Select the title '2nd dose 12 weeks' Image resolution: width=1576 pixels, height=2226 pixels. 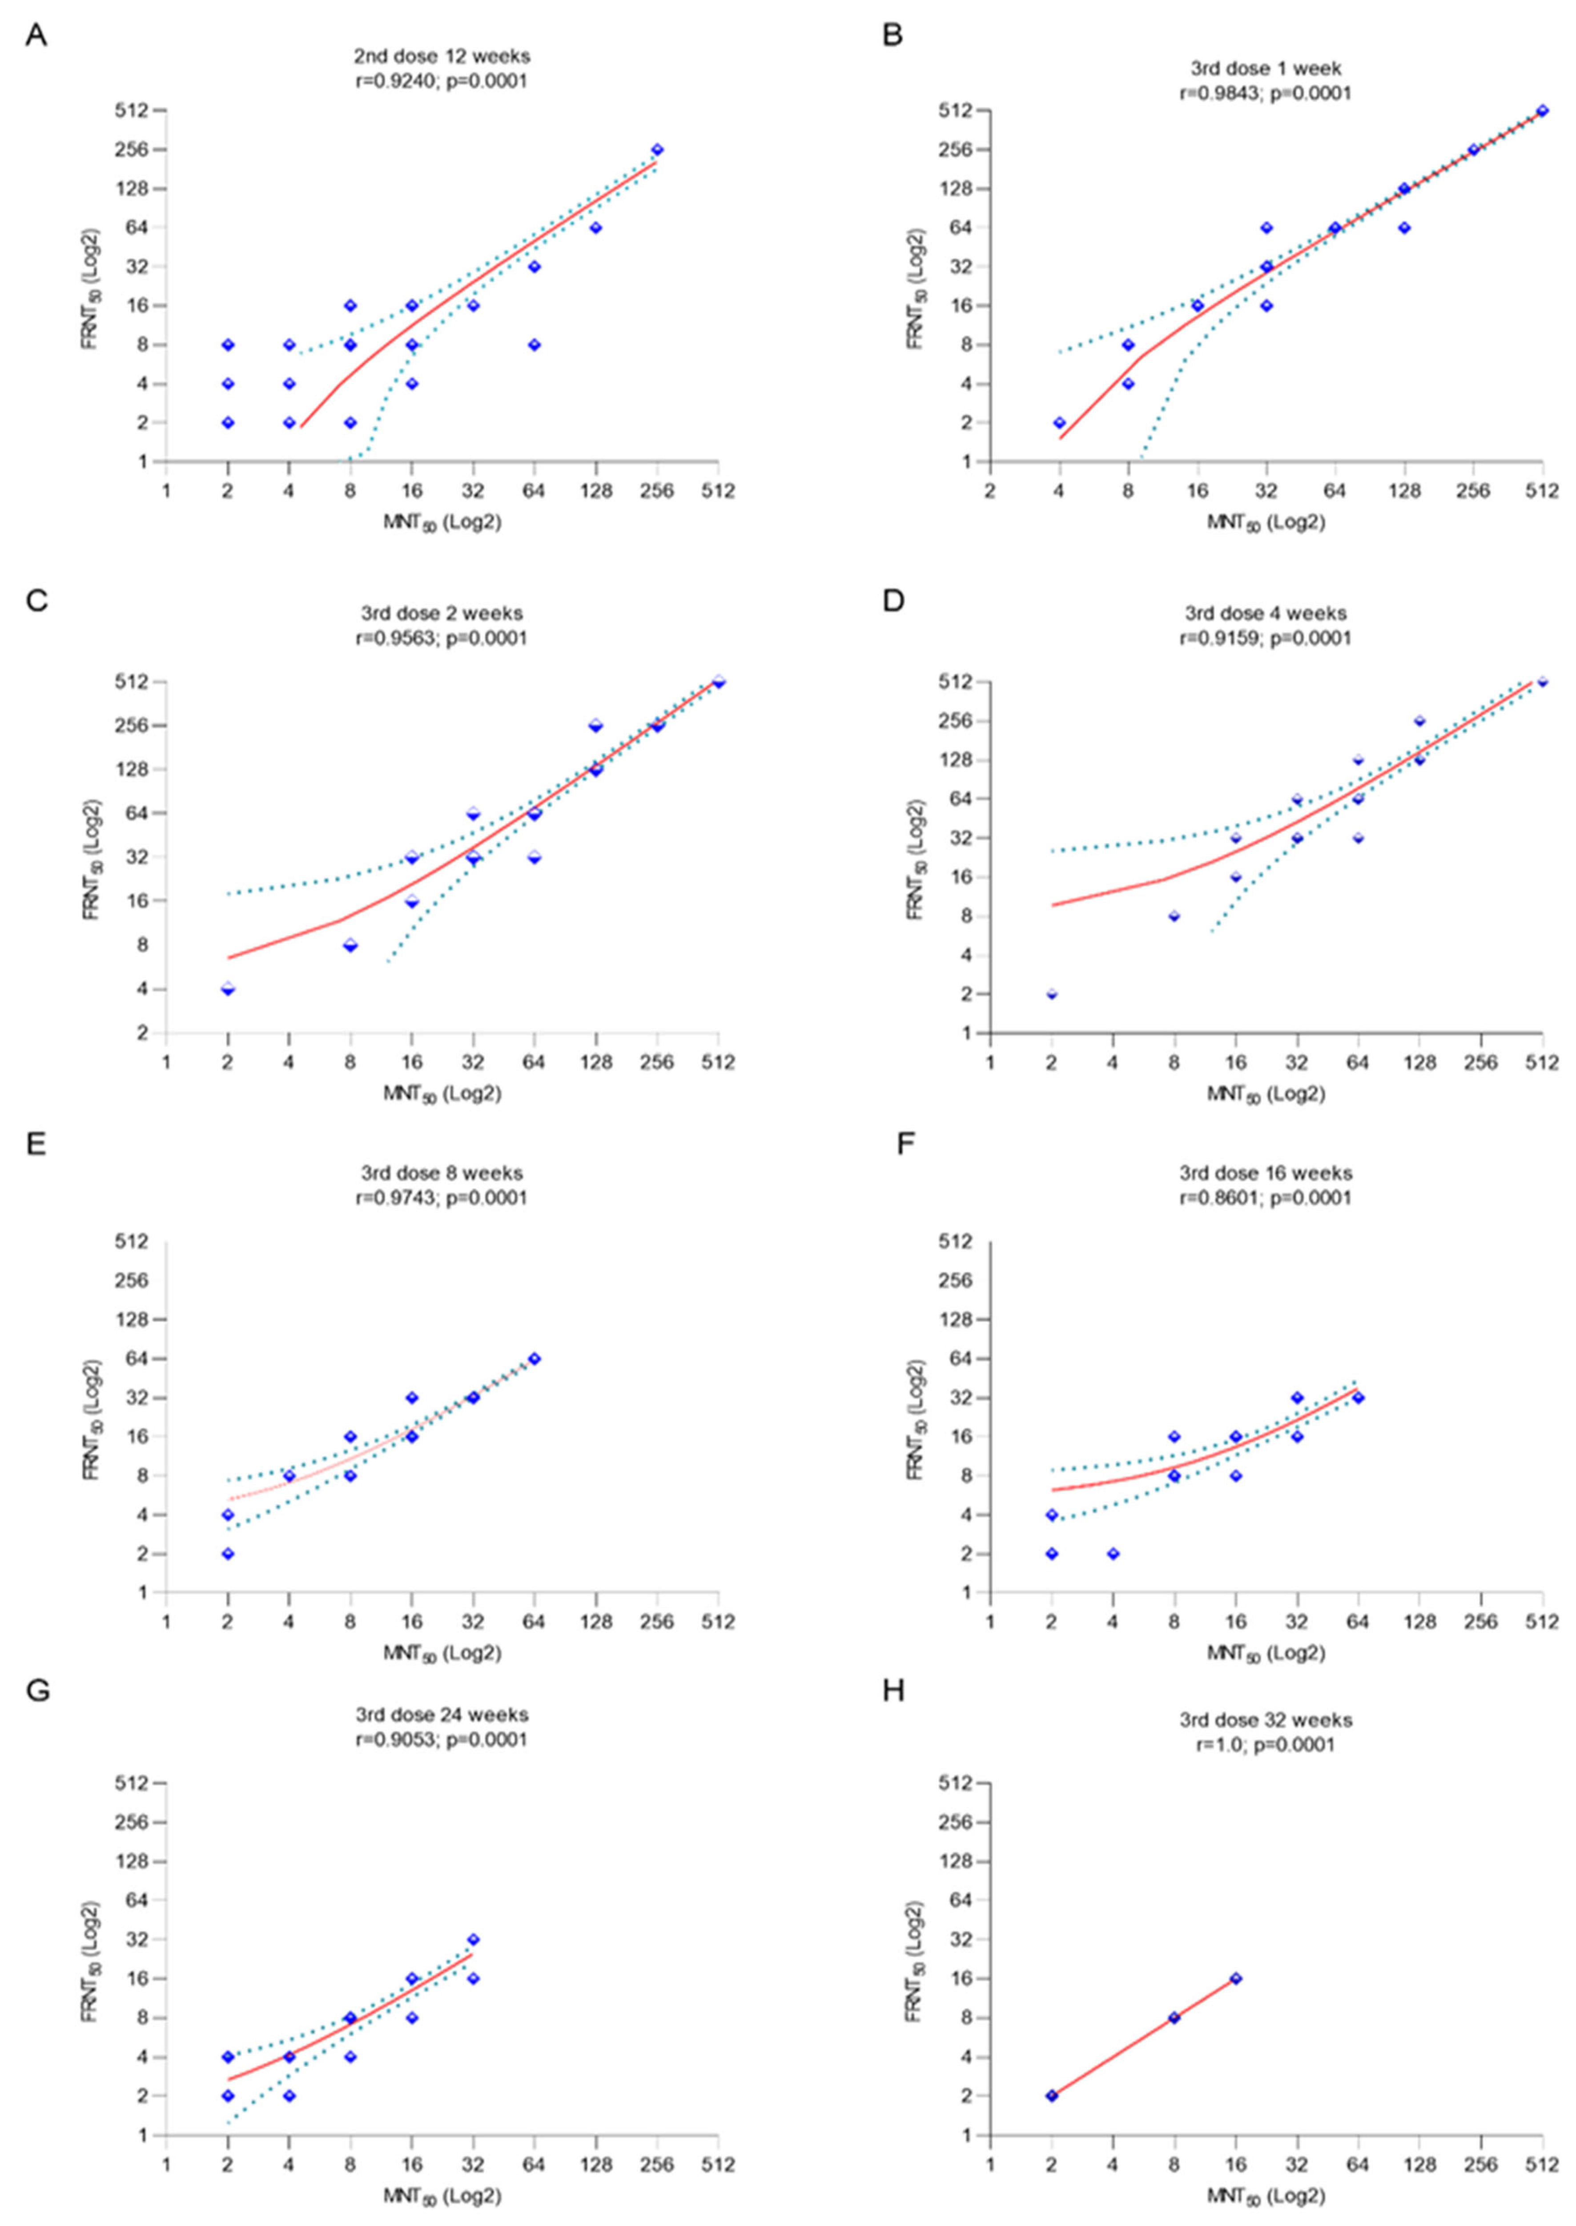442,56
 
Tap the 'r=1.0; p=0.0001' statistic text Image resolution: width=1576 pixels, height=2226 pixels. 1266,1744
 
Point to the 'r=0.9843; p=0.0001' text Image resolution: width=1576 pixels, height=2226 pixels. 1266,93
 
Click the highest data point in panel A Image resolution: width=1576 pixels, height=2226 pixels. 657,149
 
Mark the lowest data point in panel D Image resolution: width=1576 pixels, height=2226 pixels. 1052,994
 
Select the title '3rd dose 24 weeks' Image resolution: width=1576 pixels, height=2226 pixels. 442,1715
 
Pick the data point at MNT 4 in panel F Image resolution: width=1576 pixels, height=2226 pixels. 1113,1554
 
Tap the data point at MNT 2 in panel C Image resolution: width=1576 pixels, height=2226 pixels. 228,989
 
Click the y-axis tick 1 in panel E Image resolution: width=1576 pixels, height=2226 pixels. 144,1592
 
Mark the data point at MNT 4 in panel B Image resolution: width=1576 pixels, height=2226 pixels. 1060,422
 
